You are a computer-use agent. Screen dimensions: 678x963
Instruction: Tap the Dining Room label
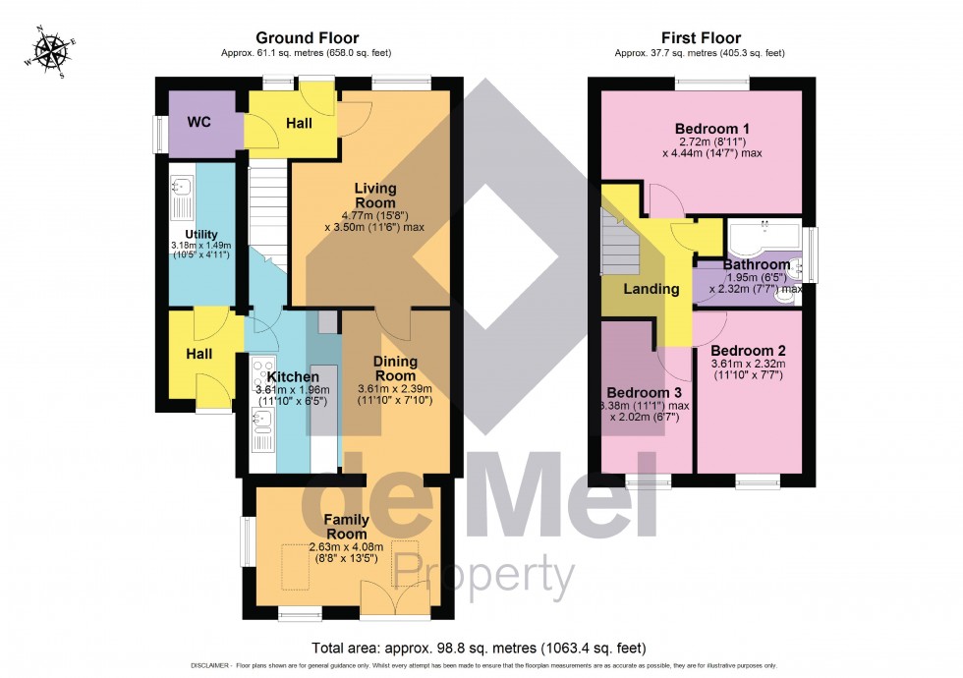click(394, 368)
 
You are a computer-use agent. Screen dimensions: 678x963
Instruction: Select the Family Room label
click(347, 526)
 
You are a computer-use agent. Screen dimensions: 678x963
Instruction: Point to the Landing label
click(651, 289)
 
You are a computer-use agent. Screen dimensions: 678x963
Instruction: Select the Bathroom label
click(756, 264)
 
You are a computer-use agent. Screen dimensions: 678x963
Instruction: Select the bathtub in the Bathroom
click(762, 237)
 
